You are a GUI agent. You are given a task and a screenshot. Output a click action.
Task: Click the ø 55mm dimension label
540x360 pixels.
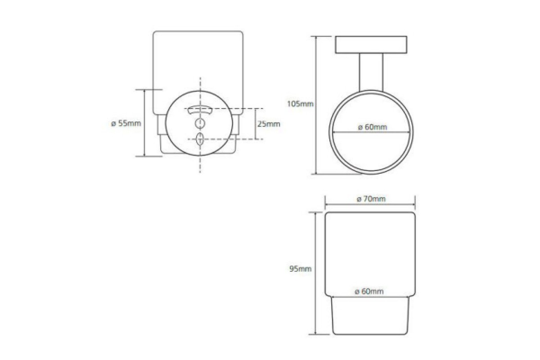tap(126, 123)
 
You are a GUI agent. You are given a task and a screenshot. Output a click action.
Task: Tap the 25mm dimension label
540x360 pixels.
tap(269, 124)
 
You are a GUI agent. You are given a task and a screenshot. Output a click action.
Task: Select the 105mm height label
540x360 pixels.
tap(300, 104)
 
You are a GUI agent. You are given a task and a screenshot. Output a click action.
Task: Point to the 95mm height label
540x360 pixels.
tap(301, 269)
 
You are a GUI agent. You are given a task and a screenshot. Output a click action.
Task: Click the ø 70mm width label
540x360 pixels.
tap(371, 199)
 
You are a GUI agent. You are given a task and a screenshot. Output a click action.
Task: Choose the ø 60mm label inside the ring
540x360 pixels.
tap(373, 127)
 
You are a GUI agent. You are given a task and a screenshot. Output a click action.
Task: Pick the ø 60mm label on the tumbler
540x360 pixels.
tap(369, 291)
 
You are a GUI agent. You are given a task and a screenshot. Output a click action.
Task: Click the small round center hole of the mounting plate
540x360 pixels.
tap(200, 123)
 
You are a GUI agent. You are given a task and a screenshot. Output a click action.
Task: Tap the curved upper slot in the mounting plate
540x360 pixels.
tap(200, 110)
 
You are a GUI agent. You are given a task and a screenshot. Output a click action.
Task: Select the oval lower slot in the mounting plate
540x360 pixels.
tap(200, 139)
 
